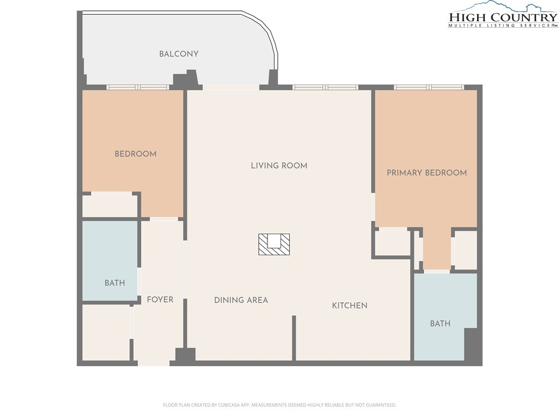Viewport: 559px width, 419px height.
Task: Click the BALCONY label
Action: tap(179, 54)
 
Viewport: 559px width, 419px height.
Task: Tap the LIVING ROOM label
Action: tap(279, 166)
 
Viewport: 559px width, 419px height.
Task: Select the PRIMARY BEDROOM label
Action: tap(427, 173)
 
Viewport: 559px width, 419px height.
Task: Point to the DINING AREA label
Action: tap(241, 301)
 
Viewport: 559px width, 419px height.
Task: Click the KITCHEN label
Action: tap(350, 306)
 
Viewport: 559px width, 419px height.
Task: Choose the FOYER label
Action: tap(160, 300)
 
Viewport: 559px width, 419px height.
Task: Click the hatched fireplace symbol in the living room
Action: tap(274, 244)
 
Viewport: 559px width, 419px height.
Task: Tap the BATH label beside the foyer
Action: tap(115, 283)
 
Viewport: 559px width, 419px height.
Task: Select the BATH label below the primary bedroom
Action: tap(441, 324)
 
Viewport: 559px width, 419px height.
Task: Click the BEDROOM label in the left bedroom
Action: tap(135, 154)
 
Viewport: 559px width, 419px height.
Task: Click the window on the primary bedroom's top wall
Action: tap(429, 87)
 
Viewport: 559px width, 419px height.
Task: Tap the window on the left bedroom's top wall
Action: tap(138, 87)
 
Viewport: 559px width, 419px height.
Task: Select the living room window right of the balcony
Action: tap(325, 87)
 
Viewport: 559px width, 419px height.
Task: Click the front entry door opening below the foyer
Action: tap(153, 363)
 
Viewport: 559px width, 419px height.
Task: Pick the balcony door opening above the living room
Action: tap(231, 87)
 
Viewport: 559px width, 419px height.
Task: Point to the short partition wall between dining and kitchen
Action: tap(294, 338)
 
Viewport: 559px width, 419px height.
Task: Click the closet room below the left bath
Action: tap(106, 332)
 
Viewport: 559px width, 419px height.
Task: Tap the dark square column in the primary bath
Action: tap(471, 345)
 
